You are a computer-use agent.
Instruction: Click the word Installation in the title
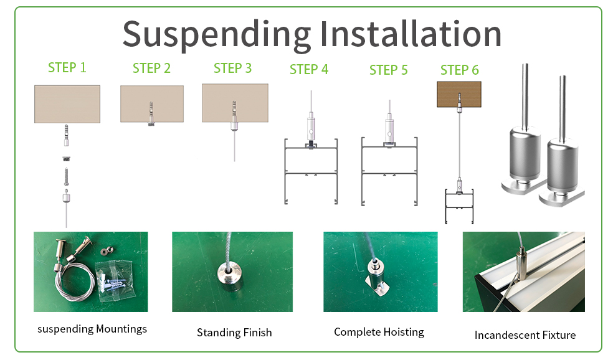(x=411, y=34)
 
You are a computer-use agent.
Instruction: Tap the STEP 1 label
(x=67, y=67)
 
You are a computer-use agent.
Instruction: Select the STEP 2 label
(x=151, y=68)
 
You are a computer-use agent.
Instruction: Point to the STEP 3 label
(x=232, y=68)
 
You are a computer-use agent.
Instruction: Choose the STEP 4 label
(x=309, y=69)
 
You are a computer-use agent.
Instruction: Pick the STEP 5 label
(x=388, y=70)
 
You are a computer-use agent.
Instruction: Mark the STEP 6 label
(x=460, y=70)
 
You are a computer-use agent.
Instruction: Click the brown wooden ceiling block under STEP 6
(x=459, y=95)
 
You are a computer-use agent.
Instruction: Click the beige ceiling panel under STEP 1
(x=67, y=103)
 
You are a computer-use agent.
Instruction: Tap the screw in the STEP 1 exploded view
(x=65, y=176)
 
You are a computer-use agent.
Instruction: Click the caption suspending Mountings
(x=92, y=329)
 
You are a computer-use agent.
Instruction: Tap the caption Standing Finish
(x=234, y=333)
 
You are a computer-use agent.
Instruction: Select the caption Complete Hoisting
(x=379, y=332)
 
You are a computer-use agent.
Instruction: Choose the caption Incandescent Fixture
(x=525, y=335)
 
